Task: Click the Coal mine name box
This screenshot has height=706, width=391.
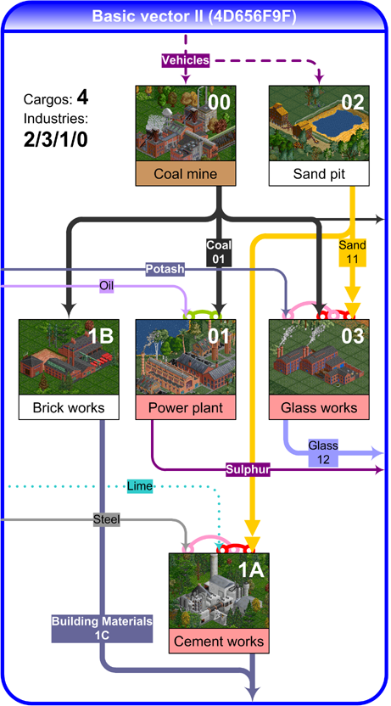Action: click(x=186, y=174)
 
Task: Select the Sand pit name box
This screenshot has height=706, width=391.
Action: click(x=319, y=174)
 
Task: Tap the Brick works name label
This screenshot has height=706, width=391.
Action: click(x=69, y=408)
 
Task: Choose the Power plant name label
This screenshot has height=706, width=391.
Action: click(x=186, y=408)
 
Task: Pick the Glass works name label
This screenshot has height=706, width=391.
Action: click(x=319, y=408)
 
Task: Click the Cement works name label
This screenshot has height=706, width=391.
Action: click(x=219, y=642)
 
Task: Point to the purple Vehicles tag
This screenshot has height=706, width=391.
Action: click(x=186, y=60)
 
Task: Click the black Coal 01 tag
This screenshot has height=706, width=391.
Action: click(x=219, y=252)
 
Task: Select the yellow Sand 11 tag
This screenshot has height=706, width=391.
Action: click(x=353, y=252)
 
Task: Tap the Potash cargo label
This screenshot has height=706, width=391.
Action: click(x=165, y=269)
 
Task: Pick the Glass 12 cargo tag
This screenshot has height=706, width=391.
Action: click(x=323, y=452)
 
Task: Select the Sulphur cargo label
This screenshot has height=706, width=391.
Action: click(x=248, y=470)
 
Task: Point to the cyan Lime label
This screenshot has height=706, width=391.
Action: click(x=139, y=486)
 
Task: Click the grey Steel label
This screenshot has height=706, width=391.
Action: click(x=107, y=520)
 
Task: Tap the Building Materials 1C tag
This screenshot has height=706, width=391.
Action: click(x=102, y=629)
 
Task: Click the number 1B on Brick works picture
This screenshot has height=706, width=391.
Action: click(x=102, y=337)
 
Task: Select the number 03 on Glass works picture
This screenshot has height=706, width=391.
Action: click(x=352, y=337)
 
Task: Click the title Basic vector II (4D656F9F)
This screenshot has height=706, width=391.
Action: click(x=194, y=17)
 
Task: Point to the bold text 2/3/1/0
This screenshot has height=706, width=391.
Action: click(x=56, y=141)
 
